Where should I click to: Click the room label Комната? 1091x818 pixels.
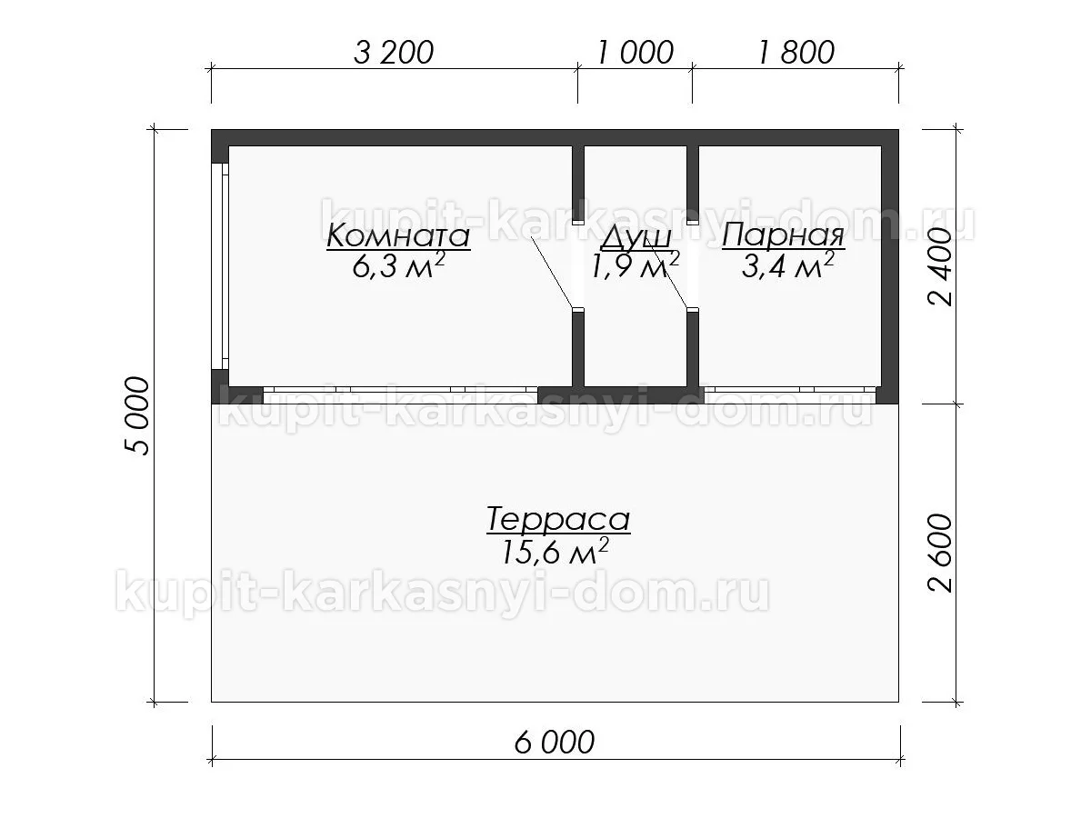398,235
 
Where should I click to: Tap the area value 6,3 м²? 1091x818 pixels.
398,264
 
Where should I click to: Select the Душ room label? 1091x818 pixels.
636,238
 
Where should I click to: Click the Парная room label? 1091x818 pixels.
783,235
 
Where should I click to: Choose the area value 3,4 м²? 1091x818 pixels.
787,264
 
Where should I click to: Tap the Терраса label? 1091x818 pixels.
558,520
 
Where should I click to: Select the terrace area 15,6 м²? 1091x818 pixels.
556,551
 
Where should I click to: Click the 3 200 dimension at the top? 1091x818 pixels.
394,52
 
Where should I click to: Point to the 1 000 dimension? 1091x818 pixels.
635,52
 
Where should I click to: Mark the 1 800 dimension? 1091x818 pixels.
796,52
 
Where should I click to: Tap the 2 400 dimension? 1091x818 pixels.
940,267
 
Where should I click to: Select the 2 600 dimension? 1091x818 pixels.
940,553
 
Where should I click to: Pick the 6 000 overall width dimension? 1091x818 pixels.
555,743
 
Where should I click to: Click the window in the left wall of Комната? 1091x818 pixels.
220,265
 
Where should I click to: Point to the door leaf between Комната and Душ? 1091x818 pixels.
552,272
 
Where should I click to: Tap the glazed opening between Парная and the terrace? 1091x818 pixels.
790,394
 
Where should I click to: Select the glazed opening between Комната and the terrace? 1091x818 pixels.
400,394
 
